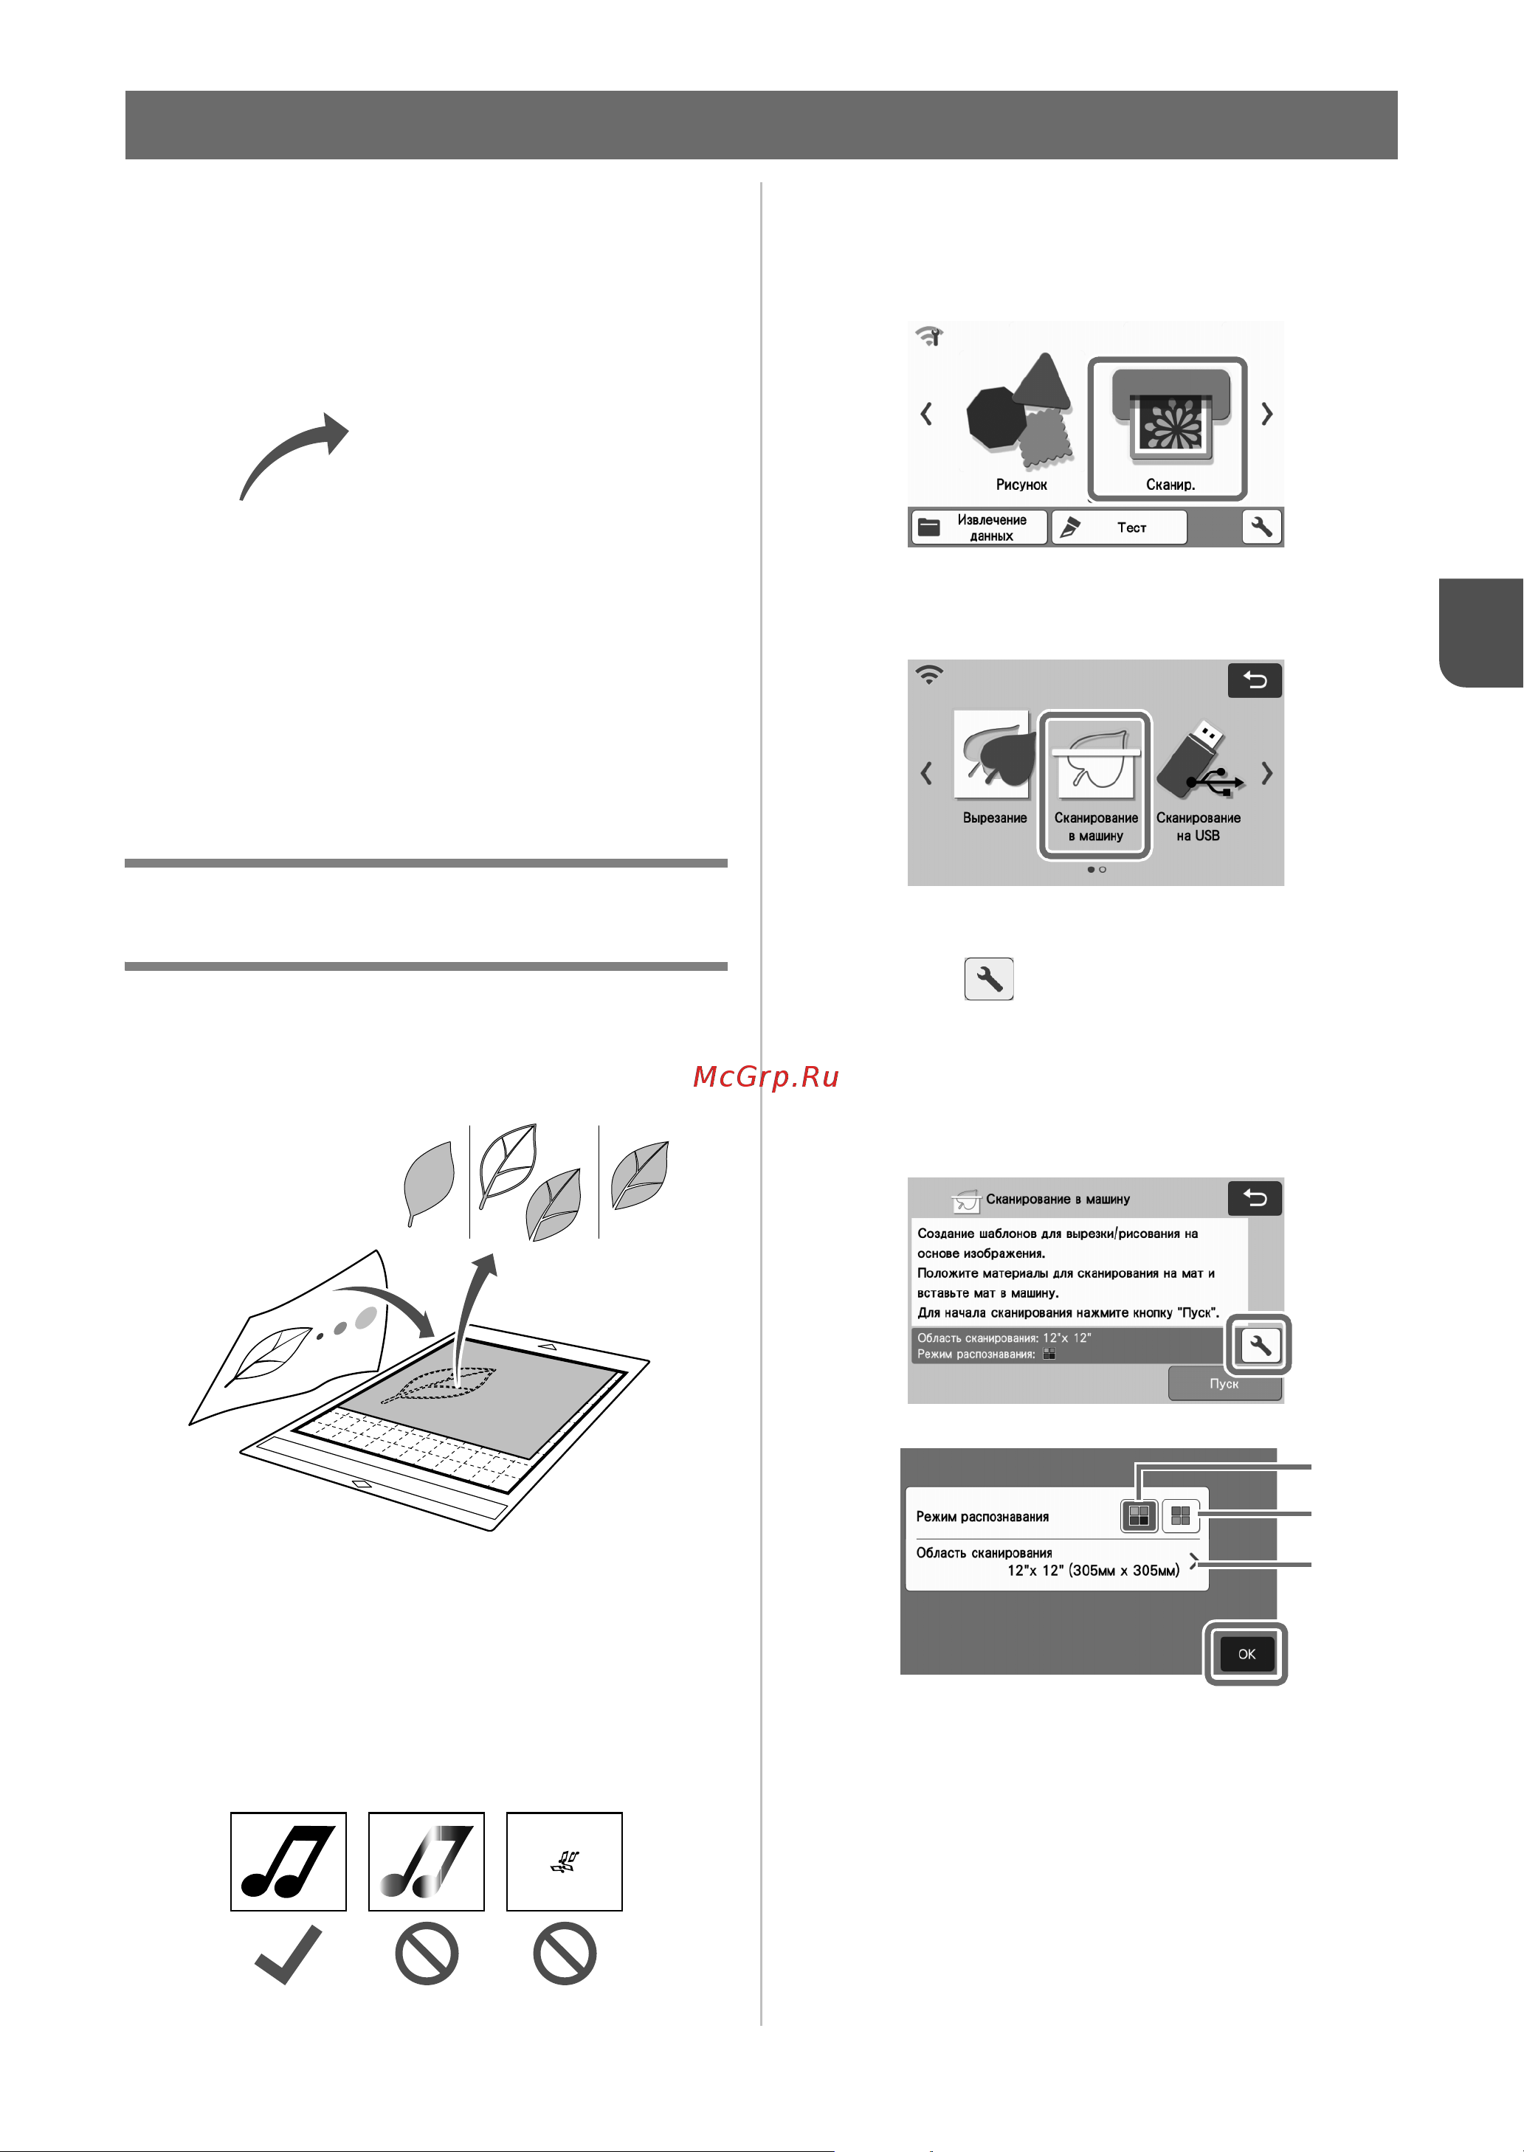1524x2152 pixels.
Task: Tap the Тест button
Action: [1119, 527]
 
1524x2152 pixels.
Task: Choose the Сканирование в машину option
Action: [1096, 783]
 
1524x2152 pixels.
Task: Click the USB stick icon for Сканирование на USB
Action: [1200, 759]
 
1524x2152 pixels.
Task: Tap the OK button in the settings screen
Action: [1247, 1654]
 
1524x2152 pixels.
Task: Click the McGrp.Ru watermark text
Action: [766, 1077]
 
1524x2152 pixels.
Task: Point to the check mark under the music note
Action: [288, 1955]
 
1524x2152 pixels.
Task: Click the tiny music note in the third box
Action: [565, 1862]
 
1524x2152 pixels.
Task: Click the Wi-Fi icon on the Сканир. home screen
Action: [929, 336]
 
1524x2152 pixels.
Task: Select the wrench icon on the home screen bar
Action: [1262, 527]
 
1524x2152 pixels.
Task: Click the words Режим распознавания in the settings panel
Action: [982, 1517]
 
